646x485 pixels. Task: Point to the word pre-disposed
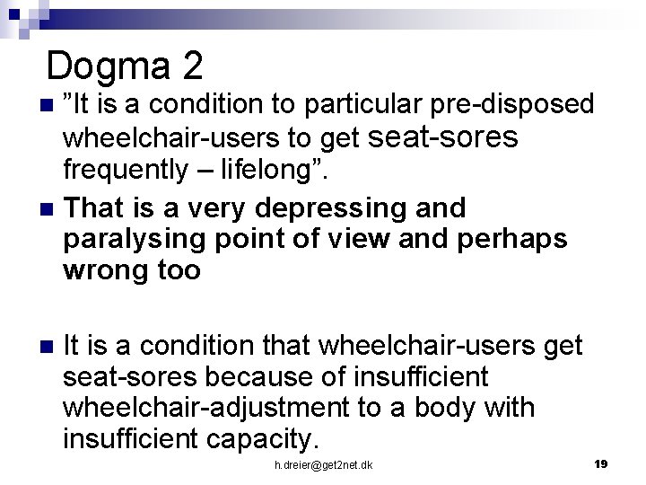515,105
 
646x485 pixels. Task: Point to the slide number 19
601,463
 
